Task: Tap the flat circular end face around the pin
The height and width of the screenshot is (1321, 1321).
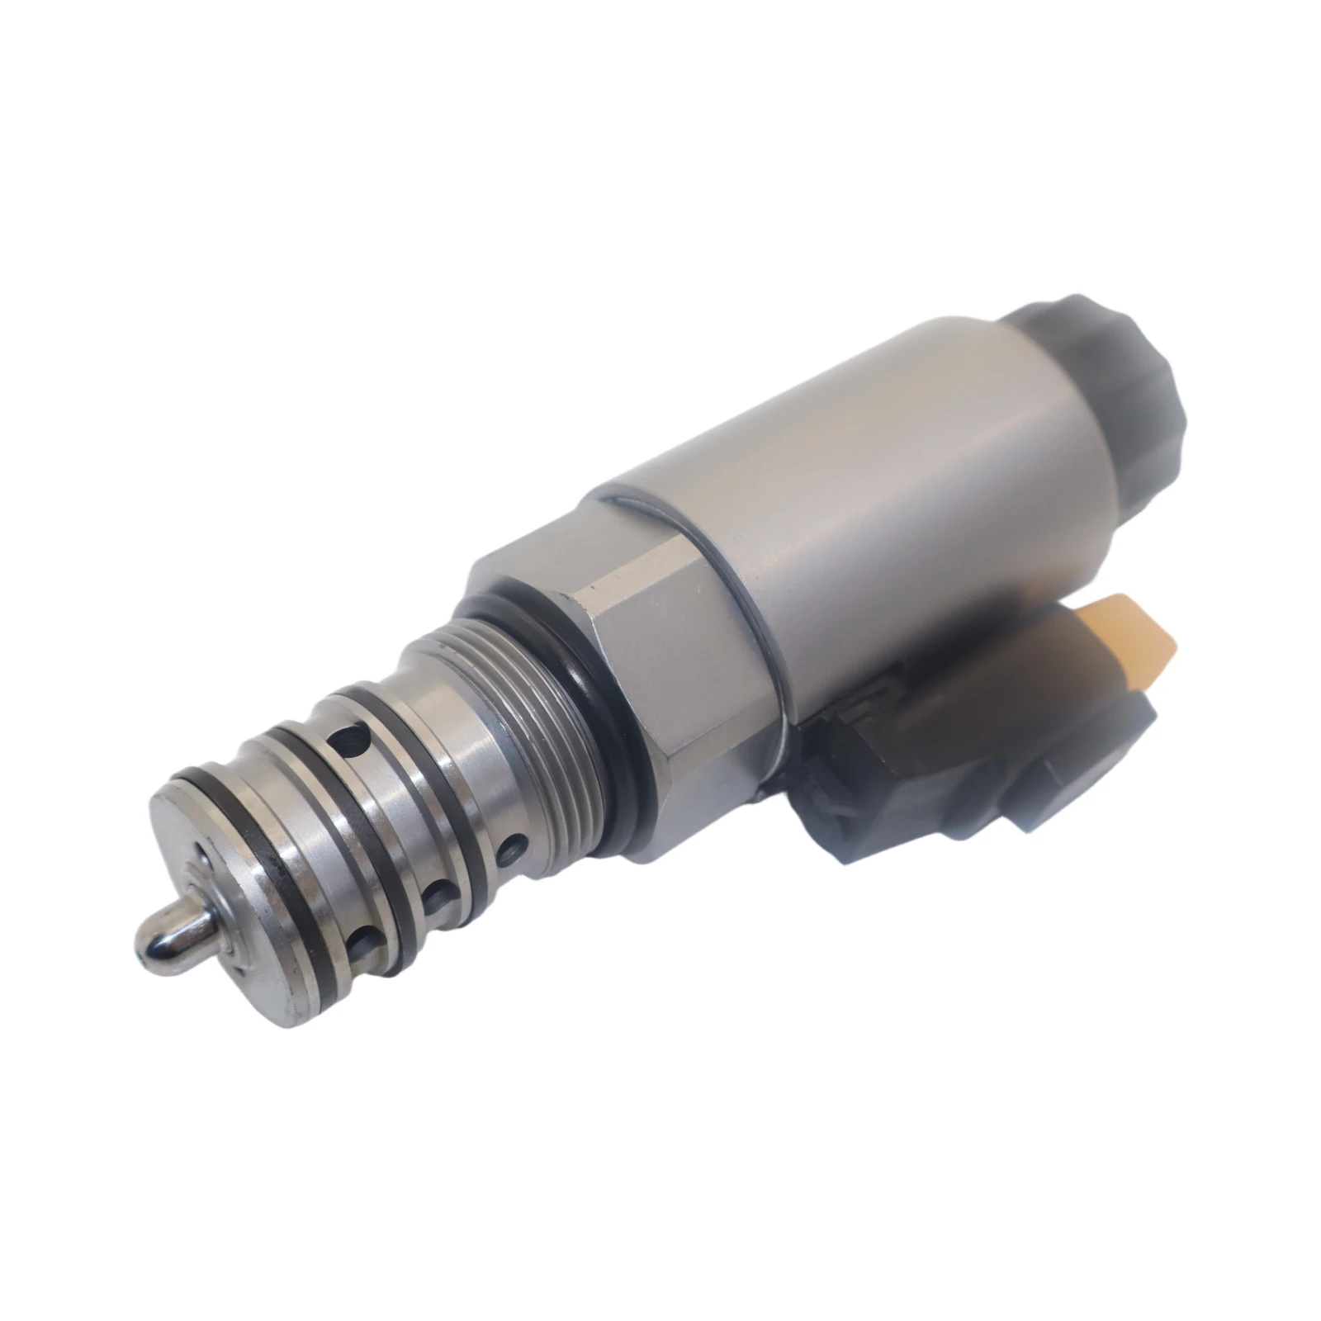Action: coord(231,908)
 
